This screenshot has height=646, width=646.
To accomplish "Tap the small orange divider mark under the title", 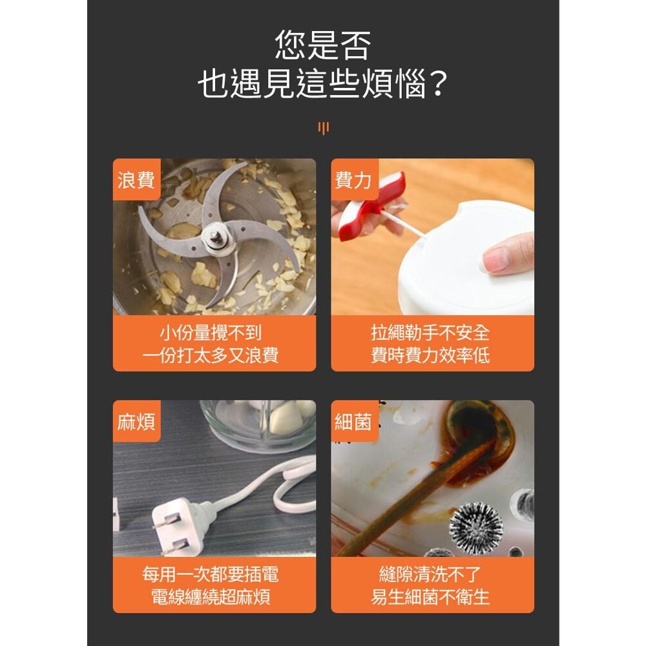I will point(323,128).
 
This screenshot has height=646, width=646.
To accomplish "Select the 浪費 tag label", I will point(136,180).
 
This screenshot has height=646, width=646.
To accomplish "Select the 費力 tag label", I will point(354,180).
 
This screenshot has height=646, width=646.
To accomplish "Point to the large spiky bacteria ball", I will point(475,528).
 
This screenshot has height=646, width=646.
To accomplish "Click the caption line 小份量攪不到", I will point(211,333).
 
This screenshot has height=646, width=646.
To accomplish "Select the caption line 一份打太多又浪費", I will point(211,355).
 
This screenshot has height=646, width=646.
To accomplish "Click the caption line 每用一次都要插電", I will point(211,575).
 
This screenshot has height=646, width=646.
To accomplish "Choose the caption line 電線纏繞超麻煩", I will point(211,596).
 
